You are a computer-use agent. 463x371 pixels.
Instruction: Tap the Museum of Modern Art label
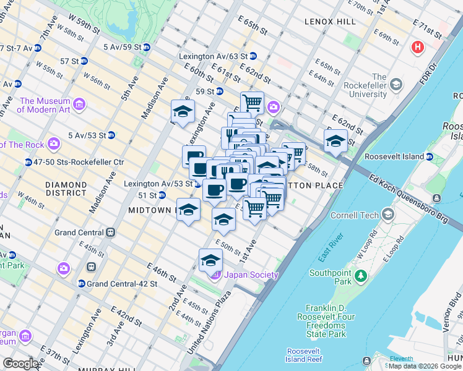coord(45,105)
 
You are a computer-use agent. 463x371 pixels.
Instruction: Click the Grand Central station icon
coord(110,232)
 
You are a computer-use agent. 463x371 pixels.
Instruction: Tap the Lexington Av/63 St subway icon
coord(253,56)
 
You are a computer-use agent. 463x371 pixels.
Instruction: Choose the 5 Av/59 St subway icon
coord(147,47)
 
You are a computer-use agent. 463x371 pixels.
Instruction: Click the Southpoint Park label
coord(331,277)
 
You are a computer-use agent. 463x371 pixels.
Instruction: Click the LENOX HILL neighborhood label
coord(330,22)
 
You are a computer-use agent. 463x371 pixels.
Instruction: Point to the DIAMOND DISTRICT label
coord(66,189)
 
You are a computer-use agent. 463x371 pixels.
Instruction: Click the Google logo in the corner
coord(21,364)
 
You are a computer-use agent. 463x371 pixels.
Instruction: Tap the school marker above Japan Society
coord(210,260)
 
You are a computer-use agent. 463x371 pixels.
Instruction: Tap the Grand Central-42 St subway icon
coord(81,284)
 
